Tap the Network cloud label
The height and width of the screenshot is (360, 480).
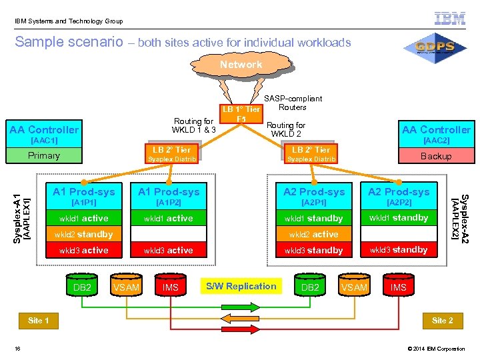coord(241,65)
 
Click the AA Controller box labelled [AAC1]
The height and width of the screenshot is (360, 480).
coord(44,134)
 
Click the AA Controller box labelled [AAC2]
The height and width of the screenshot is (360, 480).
coord(436,134)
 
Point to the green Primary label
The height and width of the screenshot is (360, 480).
coord(44,155)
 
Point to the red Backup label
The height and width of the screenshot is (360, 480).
coord(436,156)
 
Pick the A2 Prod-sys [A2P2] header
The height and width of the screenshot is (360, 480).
coord(399,196)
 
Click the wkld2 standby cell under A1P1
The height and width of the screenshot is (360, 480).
coord(86,235)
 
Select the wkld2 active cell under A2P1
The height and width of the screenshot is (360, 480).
coord(313,235)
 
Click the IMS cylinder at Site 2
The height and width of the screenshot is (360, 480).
coord(399,287)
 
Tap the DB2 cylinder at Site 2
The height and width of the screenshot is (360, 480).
coord(310,287)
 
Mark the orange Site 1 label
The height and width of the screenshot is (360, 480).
coord(39,321)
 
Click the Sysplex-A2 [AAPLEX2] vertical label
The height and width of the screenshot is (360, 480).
coord(465,217)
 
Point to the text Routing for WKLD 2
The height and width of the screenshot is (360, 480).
coord(286,129)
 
